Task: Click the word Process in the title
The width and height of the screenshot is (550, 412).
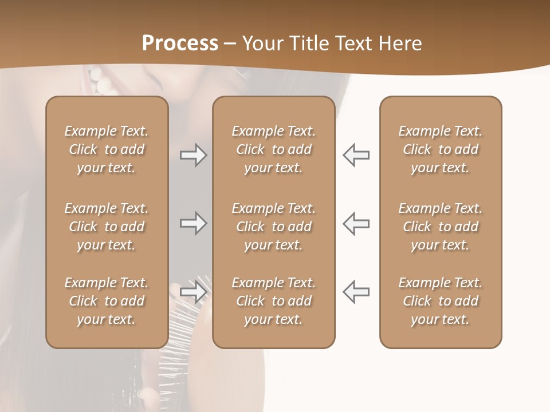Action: tap(180, 43)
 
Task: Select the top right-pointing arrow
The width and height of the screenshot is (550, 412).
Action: tap(193, 155)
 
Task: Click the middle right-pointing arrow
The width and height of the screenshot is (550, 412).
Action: tap(193, 223)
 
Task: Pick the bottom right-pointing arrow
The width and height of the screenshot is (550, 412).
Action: tap(193, 292)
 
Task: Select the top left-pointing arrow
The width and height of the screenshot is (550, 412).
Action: tap(356, 155)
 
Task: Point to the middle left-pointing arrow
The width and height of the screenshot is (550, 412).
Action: tap(356, 223)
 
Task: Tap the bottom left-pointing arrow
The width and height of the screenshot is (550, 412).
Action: tap(356, 292)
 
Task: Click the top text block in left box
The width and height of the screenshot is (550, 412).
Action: tap(107, 149)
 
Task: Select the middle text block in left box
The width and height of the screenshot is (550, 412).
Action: tap(107, 227)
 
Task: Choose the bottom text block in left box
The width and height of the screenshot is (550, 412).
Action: tap(107, 301)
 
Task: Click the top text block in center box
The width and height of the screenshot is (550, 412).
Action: tap(273, 149)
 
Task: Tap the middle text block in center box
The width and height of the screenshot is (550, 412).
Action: tap(273, 227)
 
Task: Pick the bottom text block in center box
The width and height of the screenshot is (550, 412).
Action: tap(273, 301)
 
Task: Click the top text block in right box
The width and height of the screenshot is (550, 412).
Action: tap(440, 149)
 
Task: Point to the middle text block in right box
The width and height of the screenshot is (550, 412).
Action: tap(440, 227)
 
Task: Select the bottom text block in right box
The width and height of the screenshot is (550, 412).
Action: tap(440, 301)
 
